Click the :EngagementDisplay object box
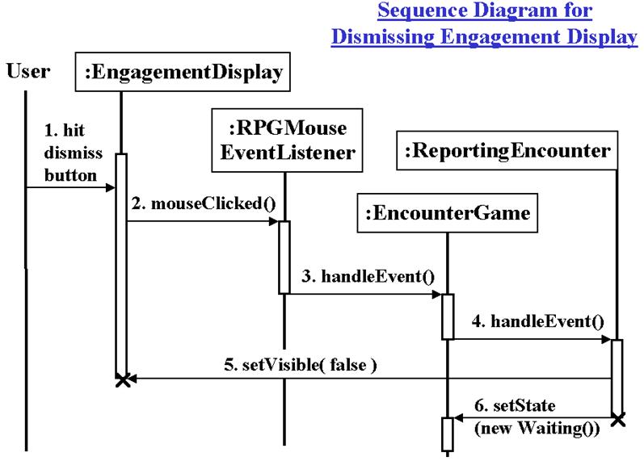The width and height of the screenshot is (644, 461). [x=185, y=73]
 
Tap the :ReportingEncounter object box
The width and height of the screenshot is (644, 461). [x=507, y=150]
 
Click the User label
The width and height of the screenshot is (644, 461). [x=28, y=71]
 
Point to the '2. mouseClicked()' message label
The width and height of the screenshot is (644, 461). [x=200, y=203]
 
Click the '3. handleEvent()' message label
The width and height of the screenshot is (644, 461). [x=367, y=277]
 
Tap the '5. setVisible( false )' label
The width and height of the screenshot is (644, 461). [x=299, y=364]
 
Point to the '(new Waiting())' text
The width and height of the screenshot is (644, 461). [x=537, y=429]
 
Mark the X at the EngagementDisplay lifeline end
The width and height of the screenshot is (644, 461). [x=122, y=379]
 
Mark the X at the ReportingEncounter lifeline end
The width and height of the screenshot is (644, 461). [x=618, y=419]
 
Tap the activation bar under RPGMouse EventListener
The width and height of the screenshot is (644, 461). [x=284, y=257]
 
